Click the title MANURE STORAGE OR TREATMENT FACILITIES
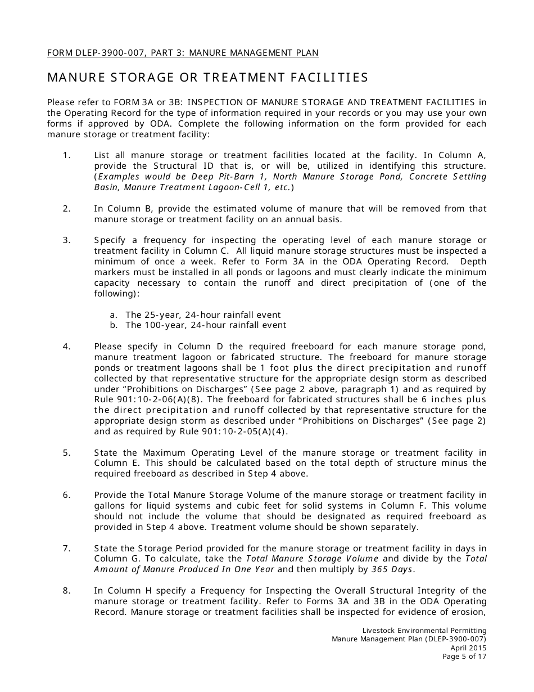[x=207, y=78]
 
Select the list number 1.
[x=66, y=155]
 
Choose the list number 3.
[x=66, y=240]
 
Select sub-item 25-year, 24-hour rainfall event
[x=203, y=315]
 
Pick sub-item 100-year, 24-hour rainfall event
[x=206, y=325]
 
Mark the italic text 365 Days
[x=392, y=569]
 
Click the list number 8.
[x=66, y=591]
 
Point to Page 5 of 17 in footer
[x=464, y=656]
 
